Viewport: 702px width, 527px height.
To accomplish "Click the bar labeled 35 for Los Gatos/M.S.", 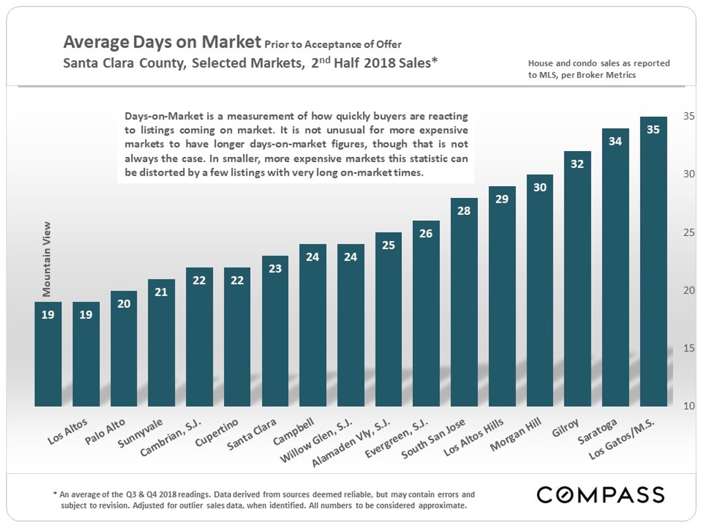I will [653, 263].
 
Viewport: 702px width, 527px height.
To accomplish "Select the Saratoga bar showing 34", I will [615, 269].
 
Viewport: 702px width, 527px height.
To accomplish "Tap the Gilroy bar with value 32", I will [577, 281].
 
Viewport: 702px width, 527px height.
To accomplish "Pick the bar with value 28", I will [464, 304].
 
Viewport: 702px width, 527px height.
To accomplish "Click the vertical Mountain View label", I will [47, 258].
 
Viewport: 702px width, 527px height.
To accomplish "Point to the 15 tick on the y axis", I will [689, 348].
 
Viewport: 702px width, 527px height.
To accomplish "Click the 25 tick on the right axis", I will [689, 232].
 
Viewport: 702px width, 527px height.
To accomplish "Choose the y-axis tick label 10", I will [689, 406].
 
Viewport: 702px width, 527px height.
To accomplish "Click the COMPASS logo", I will [601, 495].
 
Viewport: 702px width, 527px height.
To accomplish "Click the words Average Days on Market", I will [161, 42].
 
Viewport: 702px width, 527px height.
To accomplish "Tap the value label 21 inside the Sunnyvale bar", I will [161, 292].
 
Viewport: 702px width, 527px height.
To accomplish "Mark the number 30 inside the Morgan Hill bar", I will [539, 187].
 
